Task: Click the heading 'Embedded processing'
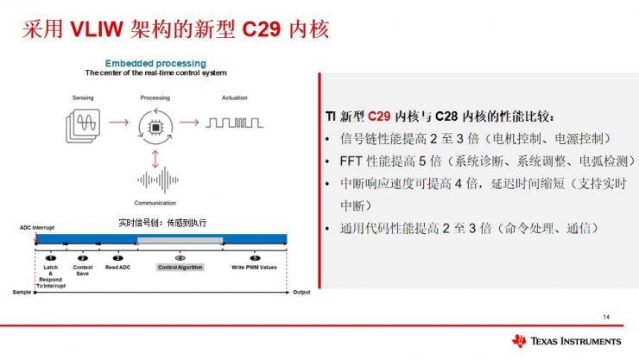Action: pos(155,63)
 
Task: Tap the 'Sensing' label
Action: pos(82,98)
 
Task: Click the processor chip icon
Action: pos(155,128)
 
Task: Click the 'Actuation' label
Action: pos(234,98)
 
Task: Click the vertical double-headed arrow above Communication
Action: pos(155,159)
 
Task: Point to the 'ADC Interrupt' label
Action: pos(37,228)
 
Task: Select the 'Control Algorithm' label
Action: pos(180,268)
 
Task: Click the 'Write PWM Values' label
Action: pos(254,268)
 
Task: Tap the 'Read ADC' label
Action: pos(117,268)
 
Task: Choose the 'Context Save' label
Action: pos(83,270)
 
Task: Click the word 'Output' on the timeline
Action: pos(301,292)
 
